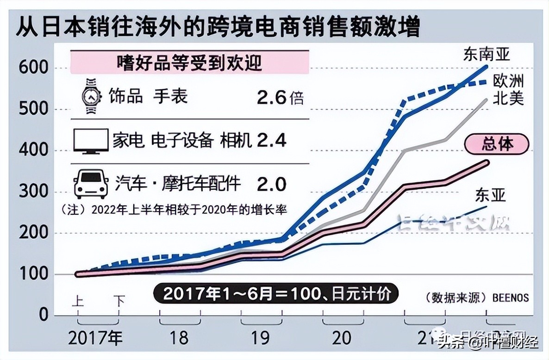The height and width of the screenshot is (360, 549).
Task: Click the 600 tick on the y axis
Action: pyautogui.click(x=33, y=68)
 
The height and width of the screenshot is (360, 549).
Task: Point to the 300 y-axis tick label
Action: pyautogui.click(x=33, y=192)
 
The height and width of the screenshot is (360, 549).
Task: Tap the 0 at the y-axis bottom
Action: pyautogui.click(x=43, y=315)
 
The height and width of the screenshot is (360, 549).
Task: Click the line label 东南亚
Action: pyautogui.click(x=486, y=55)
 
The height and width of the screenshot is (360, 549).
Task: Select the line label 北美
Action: pyautogui.click(x=508, y=98)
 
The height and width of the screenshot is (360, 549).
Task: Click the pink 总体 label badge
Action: pyautogui.click(x=497, y=144)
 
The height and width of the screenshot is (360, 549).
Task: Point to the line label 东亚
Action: pyautogui.click(x=490, y=196)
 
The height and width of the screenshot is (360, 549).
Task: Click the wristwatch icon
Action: pyautogui.click(x=90, y=97)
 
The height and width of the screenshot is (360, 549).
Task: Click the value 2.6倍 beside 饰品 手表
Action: pyautogui.click(x=280, y=98)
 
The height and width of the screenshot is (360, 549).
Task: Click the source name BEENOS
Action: pyautogui.click(x=508, y=297)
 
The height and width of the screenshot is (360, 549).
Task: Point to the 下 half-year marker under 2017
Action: pyautogui.click(x=119, y=302)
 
